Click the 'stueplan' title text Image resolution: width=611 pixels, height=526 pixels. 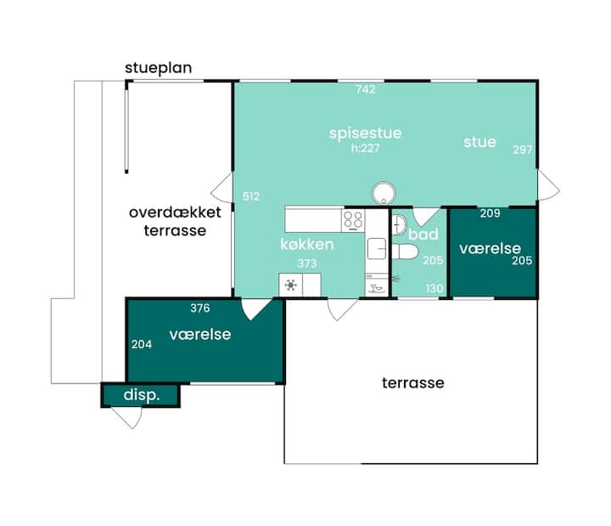158,68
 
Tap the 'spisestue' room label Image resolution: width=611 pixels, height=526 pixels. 365,133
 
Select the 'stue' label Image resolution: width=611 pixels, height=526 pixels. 479,142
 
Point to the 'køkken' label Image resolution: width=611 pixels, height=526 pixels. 307,245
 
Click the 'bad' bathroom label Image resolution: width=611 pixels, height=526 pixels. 423,235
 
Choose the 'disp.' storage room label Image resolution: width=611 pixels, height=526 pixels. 142,395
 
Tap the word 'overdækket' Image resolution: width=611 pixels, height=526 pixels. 175,212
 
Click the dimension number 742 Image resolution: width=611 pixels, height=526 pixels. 366,90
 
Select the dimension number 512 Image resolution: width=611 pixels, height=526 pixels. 251,196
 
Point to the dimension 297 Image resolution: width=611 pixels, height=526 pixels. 522,150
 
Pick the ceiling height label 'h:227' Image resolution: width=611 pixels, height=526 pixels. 365,148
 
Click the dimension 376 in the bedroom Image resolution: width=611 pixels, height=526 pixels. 200,308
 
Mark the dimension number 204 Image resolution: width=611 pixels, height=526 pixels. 142,344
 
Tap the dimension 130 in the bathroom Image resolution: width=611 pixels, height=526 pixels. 434,288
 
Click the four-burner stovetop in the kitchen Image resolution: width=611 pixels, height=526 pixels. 353,220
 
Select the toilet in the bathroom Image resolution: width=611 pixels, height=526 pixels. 406,252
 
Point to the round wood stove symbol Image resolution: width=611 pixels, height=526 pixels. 384,194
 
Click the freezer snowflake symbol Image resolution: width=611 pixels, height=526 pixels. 291,286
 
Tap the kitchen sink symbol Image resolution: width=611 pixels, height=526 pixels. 377,249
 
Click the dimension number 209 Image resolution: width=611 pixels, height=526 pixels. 490,213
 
